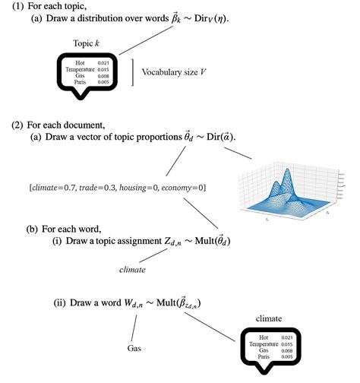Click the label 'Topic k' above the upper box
tap(88, 44)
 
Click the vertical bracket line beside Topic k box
tap(135, 73)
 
